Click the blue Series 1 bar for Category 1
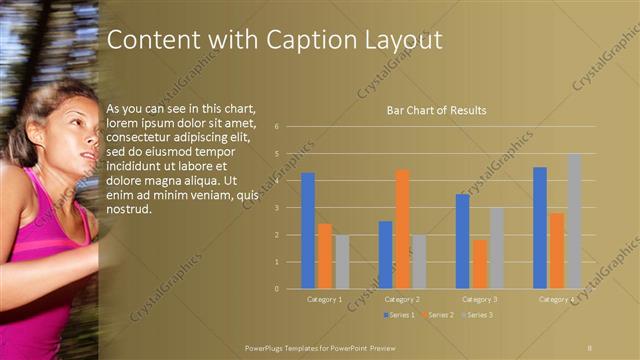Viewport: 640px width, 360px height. pyautogui.click(x=308, y=231)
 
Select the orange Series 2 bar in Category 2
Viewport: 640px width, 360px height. pyautogui.click(x=402, y=229)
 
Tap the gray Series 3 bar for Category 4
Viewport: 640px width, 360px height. pyautogui.click(x=574, y=221)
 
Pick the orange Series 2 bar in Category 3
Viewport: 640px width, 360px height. pyautogui.click(x=480, y=264)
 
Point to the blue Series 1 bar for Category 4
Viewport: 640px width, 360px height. pyautogui.click(x=540, y=228)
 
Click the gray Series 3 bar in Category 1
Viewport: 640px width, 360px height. pyautogui.click(x=343, y=262)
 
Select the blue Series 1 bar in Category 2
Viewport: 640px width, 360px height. pyautogui.click(x=385, y=255)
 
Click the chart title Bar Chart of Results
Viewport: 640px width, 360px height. pyautogui.click(x=436, y=110)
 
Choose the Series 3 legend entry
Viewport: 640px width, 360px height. pyautogui.click(x=477, y=315)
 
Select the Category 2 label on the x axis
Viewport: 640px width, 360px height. pyautogui.click(x=402, y=299)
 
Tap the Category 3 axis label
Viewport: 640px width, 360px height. pyautogui.click(x=480, y=299)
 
